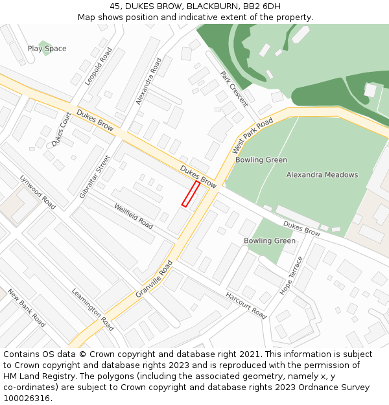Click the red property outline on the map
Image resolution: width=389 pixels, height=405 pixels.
[191, 194]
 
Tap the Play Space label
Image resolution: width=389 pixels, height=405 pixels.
[47, 49]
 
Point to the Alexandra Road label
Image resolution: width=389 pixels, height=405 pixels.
[148, 82]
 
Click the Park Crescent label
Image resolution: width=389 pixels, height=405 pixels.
[234, 89]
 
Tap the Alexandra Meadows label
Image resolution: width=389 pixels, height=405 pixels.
[322, 175]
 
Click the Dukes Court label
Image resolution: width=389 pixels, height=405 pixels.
[62, 129]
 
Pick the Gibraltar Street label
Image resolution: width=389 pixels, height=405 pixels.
[95, 176]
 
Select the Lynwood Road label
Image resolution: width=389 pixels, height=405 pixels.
[38, 191]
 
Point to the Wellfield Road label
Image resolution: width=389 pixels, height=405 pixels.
[134, 216]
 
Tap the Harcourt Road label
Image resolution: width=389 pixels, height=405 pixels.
[246, 306]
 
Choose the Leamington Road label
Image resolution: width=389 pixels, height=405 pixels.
[93, 309]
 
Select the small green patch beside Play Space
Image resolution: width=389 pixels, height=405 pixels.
[45, 48]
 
